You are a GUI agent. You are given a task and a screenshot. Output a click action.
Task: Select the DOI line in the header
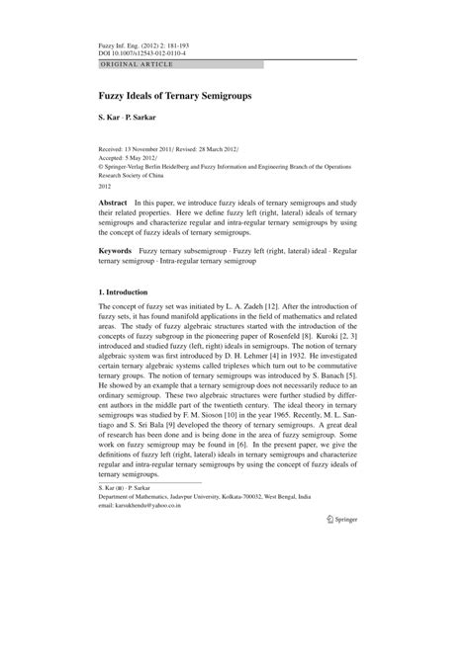pyautogui.click(x=144, y=54)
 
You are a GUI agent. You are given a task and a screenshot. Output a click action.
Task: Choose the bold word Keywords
pyautogui.click(x=118, y=281)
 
